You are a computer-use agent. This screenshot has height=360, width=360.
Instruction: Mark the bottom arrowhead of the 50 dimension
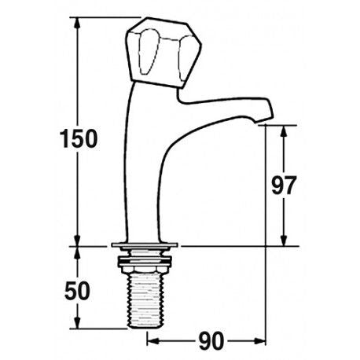[79, 324]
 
